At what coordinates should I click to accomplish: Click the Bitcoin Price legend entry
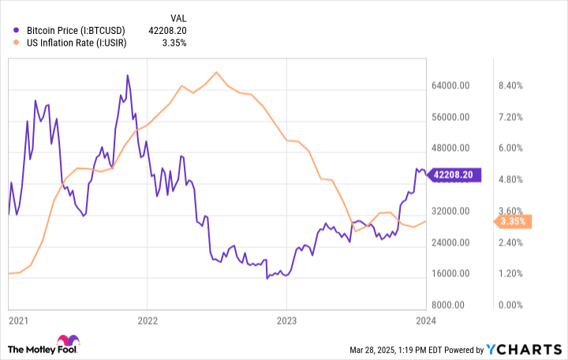(70, 30)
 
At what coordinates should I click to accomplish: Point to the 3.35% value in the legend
(173, 43)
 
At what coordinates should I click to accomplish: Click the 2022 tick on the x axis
(148, 321)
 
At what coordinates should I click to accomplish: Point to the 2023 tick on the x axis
(287, 321)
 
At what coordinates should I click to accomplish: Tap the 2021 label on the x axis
(17, 321)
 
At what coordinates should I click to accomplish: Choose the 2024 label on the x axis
(427, 321)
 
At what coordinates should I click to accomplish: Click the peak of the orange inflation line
(215, 72)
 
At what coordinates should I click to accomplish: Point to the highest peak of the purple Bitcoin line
(128, 76)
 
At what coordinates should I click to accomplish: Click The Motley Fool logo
(44, 348)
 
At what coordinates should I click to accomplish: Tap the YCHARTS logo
(524, 349)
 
